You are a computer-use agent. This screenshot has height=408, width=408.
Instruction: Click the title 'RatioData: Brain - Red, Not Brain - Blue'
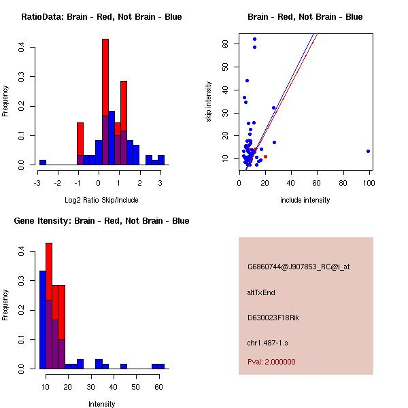coord(101,16)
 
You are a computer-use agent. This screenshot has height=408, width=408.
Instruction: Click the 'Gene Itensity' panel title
coord(101,221)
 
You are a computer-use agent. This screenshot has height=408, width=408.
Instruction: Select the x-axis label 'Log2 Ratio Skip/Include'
coord(101,200)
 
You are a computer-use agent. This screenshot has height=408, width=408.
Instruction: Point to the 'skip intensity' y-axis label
coord(209,102)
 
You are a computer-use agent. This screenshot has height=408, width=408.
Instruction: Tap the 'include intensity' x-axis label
coord(305,200)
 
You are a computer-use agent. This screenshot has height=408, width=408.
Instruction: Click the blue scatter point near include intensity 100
coord(368,151)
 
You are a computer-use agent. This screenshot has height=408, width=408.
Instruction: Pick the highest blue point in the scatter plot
coord(254,39)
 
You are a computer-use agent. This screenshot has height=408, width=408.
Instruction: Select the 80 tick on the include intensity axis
coord(343,182)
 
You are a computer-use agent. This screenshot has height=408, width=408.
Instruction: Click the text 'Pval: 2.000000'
coord(271,362)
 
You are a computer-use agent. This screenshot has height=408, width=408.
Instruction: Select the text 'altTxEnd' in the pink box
coord(261,292)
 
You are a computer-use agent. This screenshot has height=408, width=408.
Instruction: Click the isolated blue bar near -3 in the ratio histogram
coord(43,163)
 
